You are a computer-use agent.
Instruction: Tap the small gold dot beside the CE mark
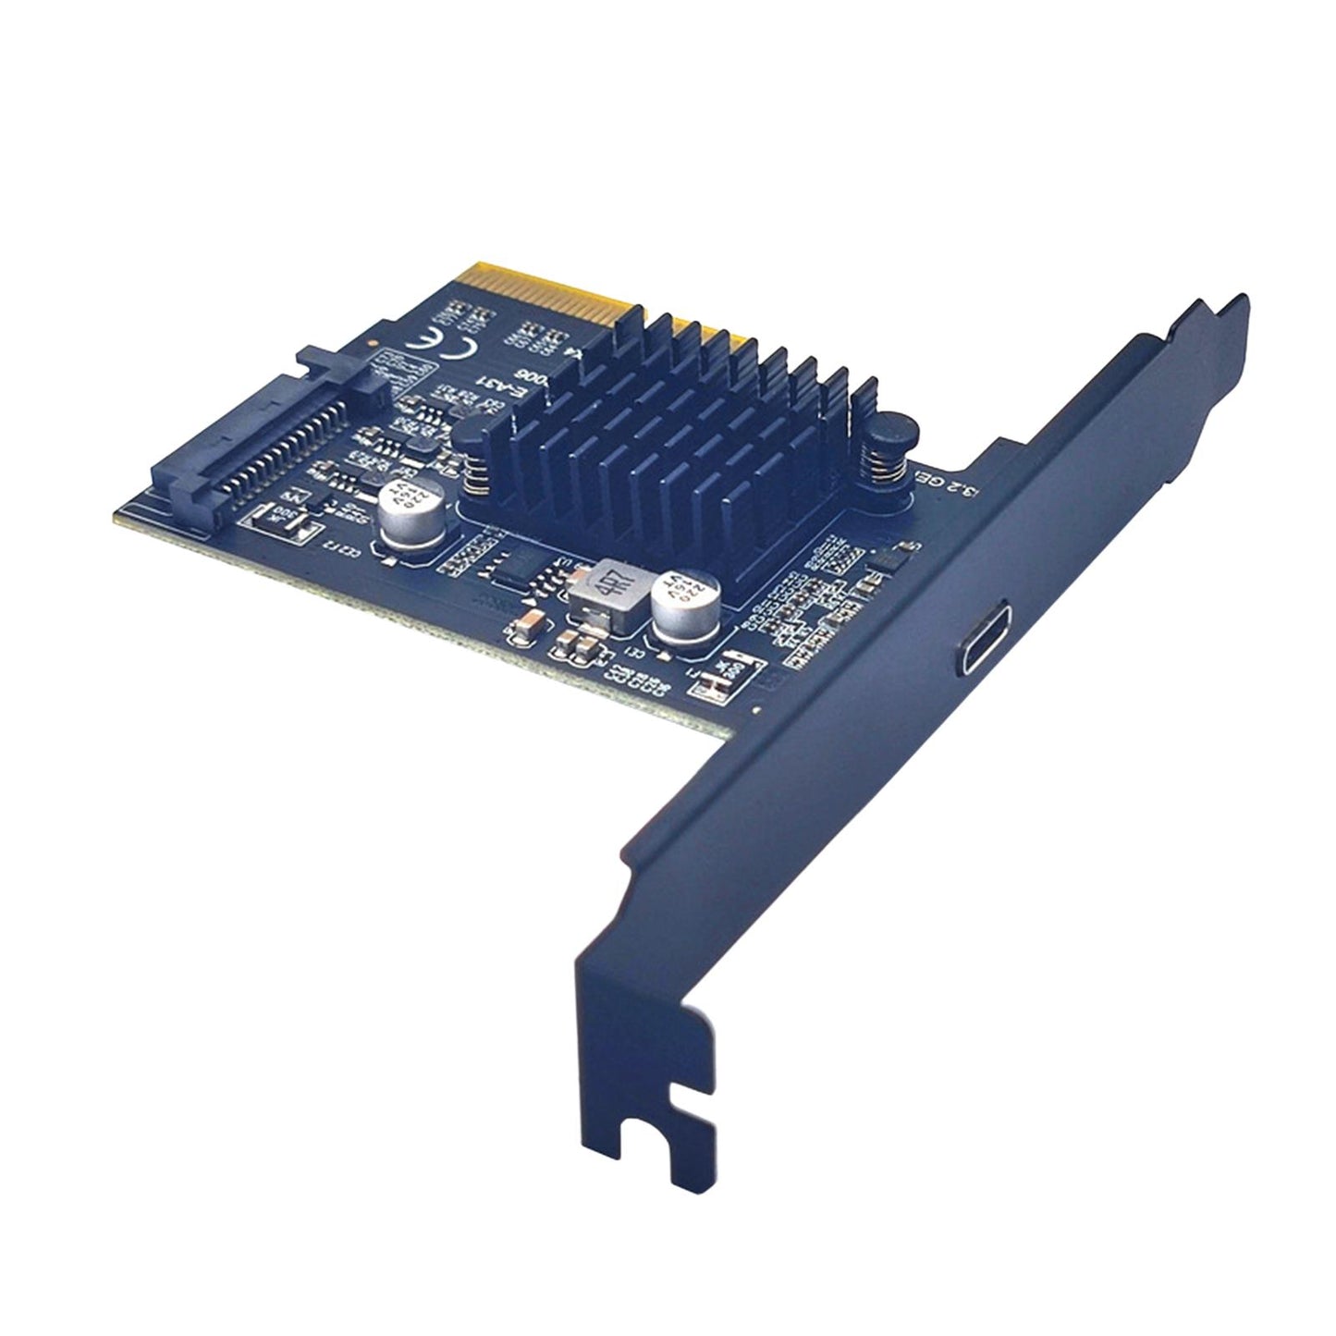click(x=371, y=343)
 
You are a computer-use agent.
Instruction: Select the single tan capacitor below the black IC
click(x=520, y=631)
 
